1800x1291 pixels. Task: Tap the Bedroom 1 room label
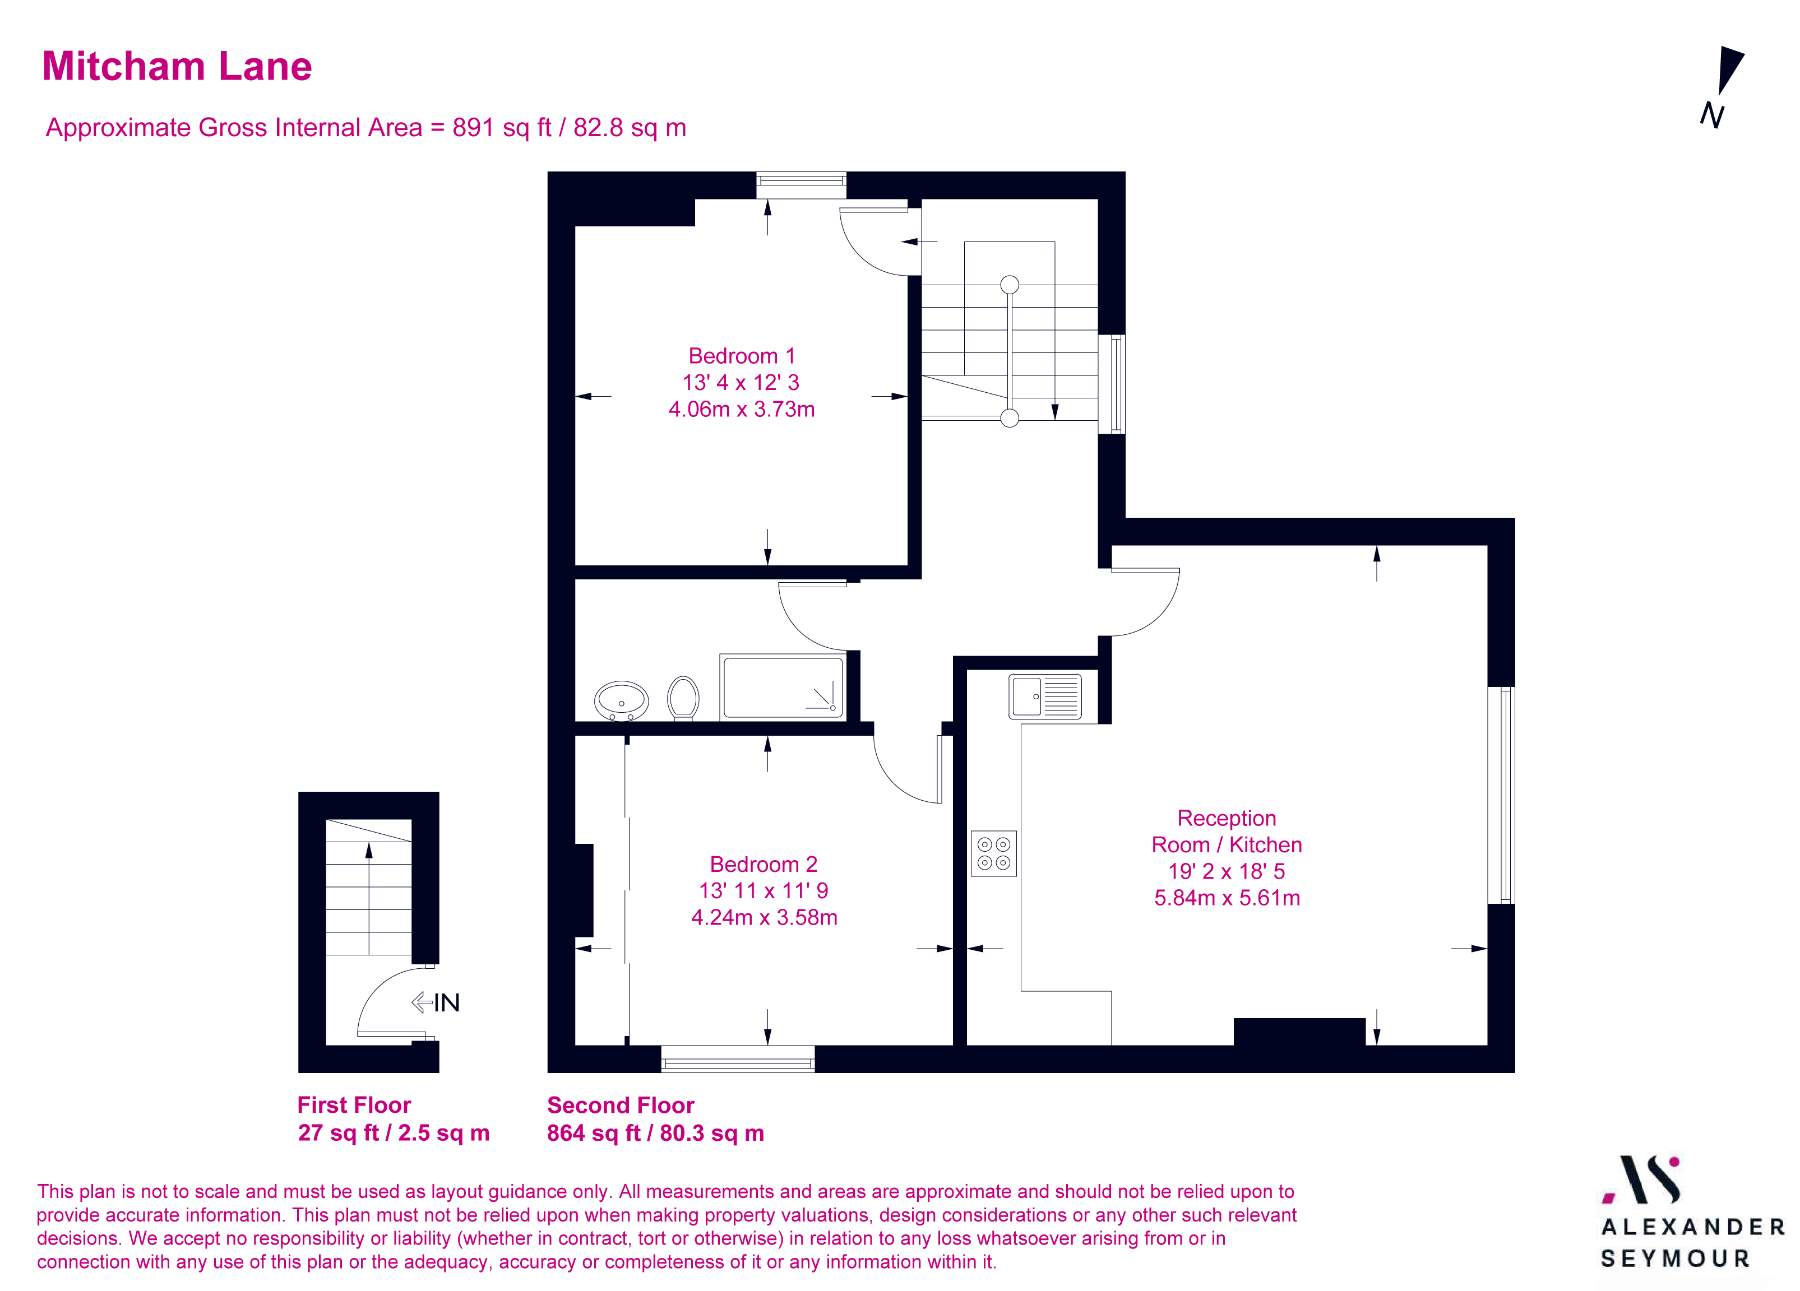[741, 356]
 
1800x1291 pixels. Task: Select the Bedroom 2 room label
[763, 864]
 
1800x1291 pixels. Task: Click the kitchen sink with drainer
[1044, 696]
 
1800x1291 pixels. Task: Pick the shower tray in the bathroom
[783, 687]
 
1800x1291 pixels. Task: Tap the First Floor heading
[354, 1106]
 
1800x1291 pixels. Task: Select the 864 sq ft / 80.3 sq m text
[655, 1133]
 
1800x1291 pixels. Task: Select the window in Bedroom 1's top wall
[801, 184]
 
